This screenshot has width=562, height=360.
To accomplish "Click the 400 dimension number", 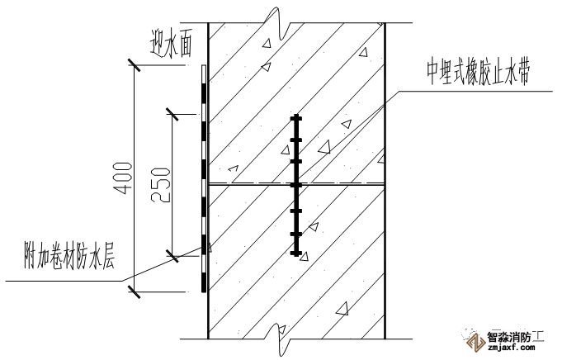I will click(x=120, y=178).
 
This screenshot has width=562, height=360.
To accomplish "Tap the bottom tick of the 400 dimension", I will click(x=134, y=290).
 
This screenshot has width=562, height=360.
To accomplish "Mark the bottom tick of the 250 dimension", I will click(x=172, y=257).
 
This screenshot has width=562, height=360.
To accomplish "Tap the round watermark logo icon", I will click(x=471, y=340).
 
